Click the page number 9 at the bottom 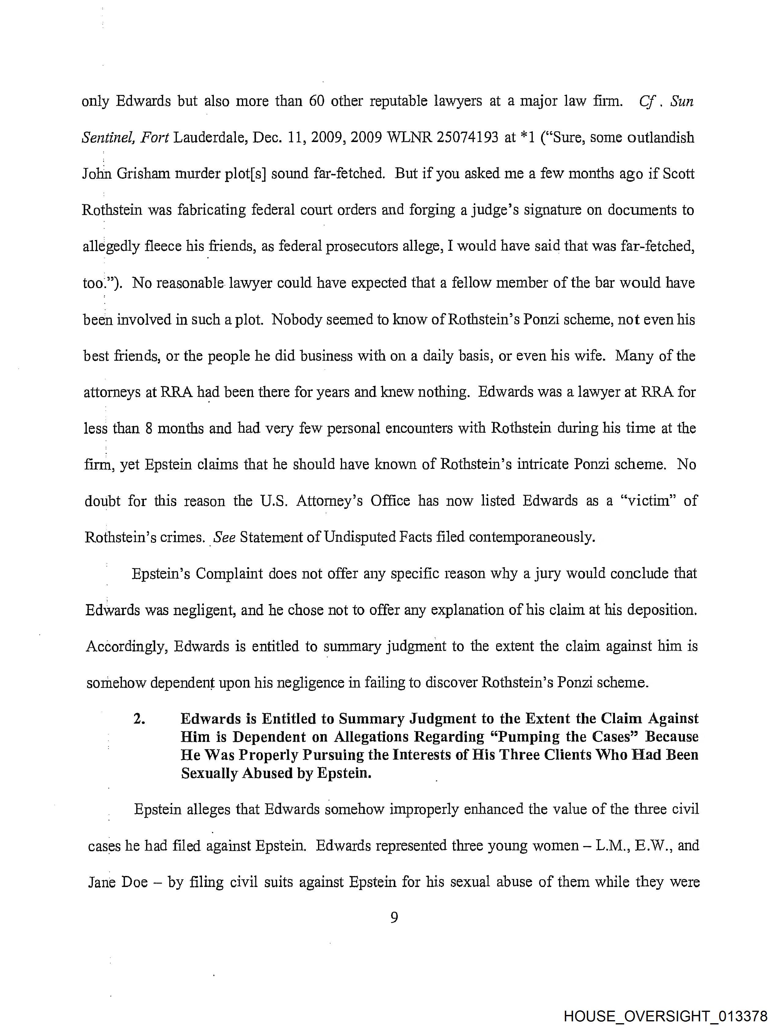click(394, 917)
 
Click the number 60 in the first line click(316, 101)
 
